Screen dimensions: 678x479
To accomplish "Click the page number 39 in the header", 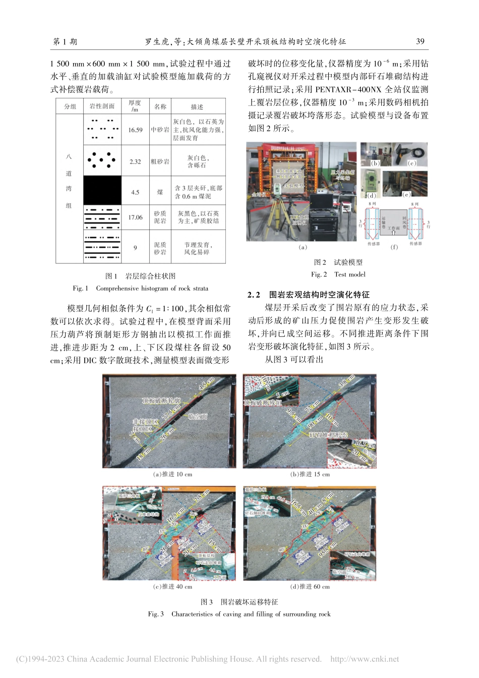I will coord(420,41).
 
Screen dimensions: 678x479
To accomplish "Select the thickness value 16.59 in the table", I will coord(135,130).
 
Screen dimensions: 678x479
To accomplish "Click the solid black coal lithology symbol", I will coord(102,190).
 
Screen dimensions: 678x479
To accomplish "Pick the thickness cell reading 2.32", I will coord(135,162).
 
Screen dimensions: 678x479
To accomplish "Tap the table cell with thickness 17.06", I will coord(135,217).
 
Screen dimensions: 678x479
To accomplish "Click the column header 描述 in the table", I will coord(197,107).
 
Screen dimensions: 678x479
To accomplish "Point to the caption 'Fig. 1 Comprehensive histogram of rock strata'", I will coord(140,289).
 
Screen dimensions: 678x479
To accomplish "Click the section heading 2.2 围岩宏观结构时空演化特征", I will coord(308,295).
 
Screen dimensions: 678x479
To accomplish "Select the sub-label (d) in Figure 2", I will coord(372,196).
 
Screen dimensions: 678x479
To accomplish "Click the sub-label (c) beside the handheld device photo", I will coord(412,163).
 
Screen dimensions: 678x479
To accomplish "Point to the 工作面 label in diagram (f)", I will coord(394,228).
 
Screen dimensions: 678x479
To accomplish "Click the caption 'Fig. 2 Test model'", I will coord(338,274).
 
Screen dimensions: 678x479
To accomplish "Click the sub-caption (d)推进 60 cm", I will coord(310,587).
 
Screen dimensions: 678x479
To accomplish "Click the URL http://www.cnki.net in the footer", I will coord(364,659).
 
